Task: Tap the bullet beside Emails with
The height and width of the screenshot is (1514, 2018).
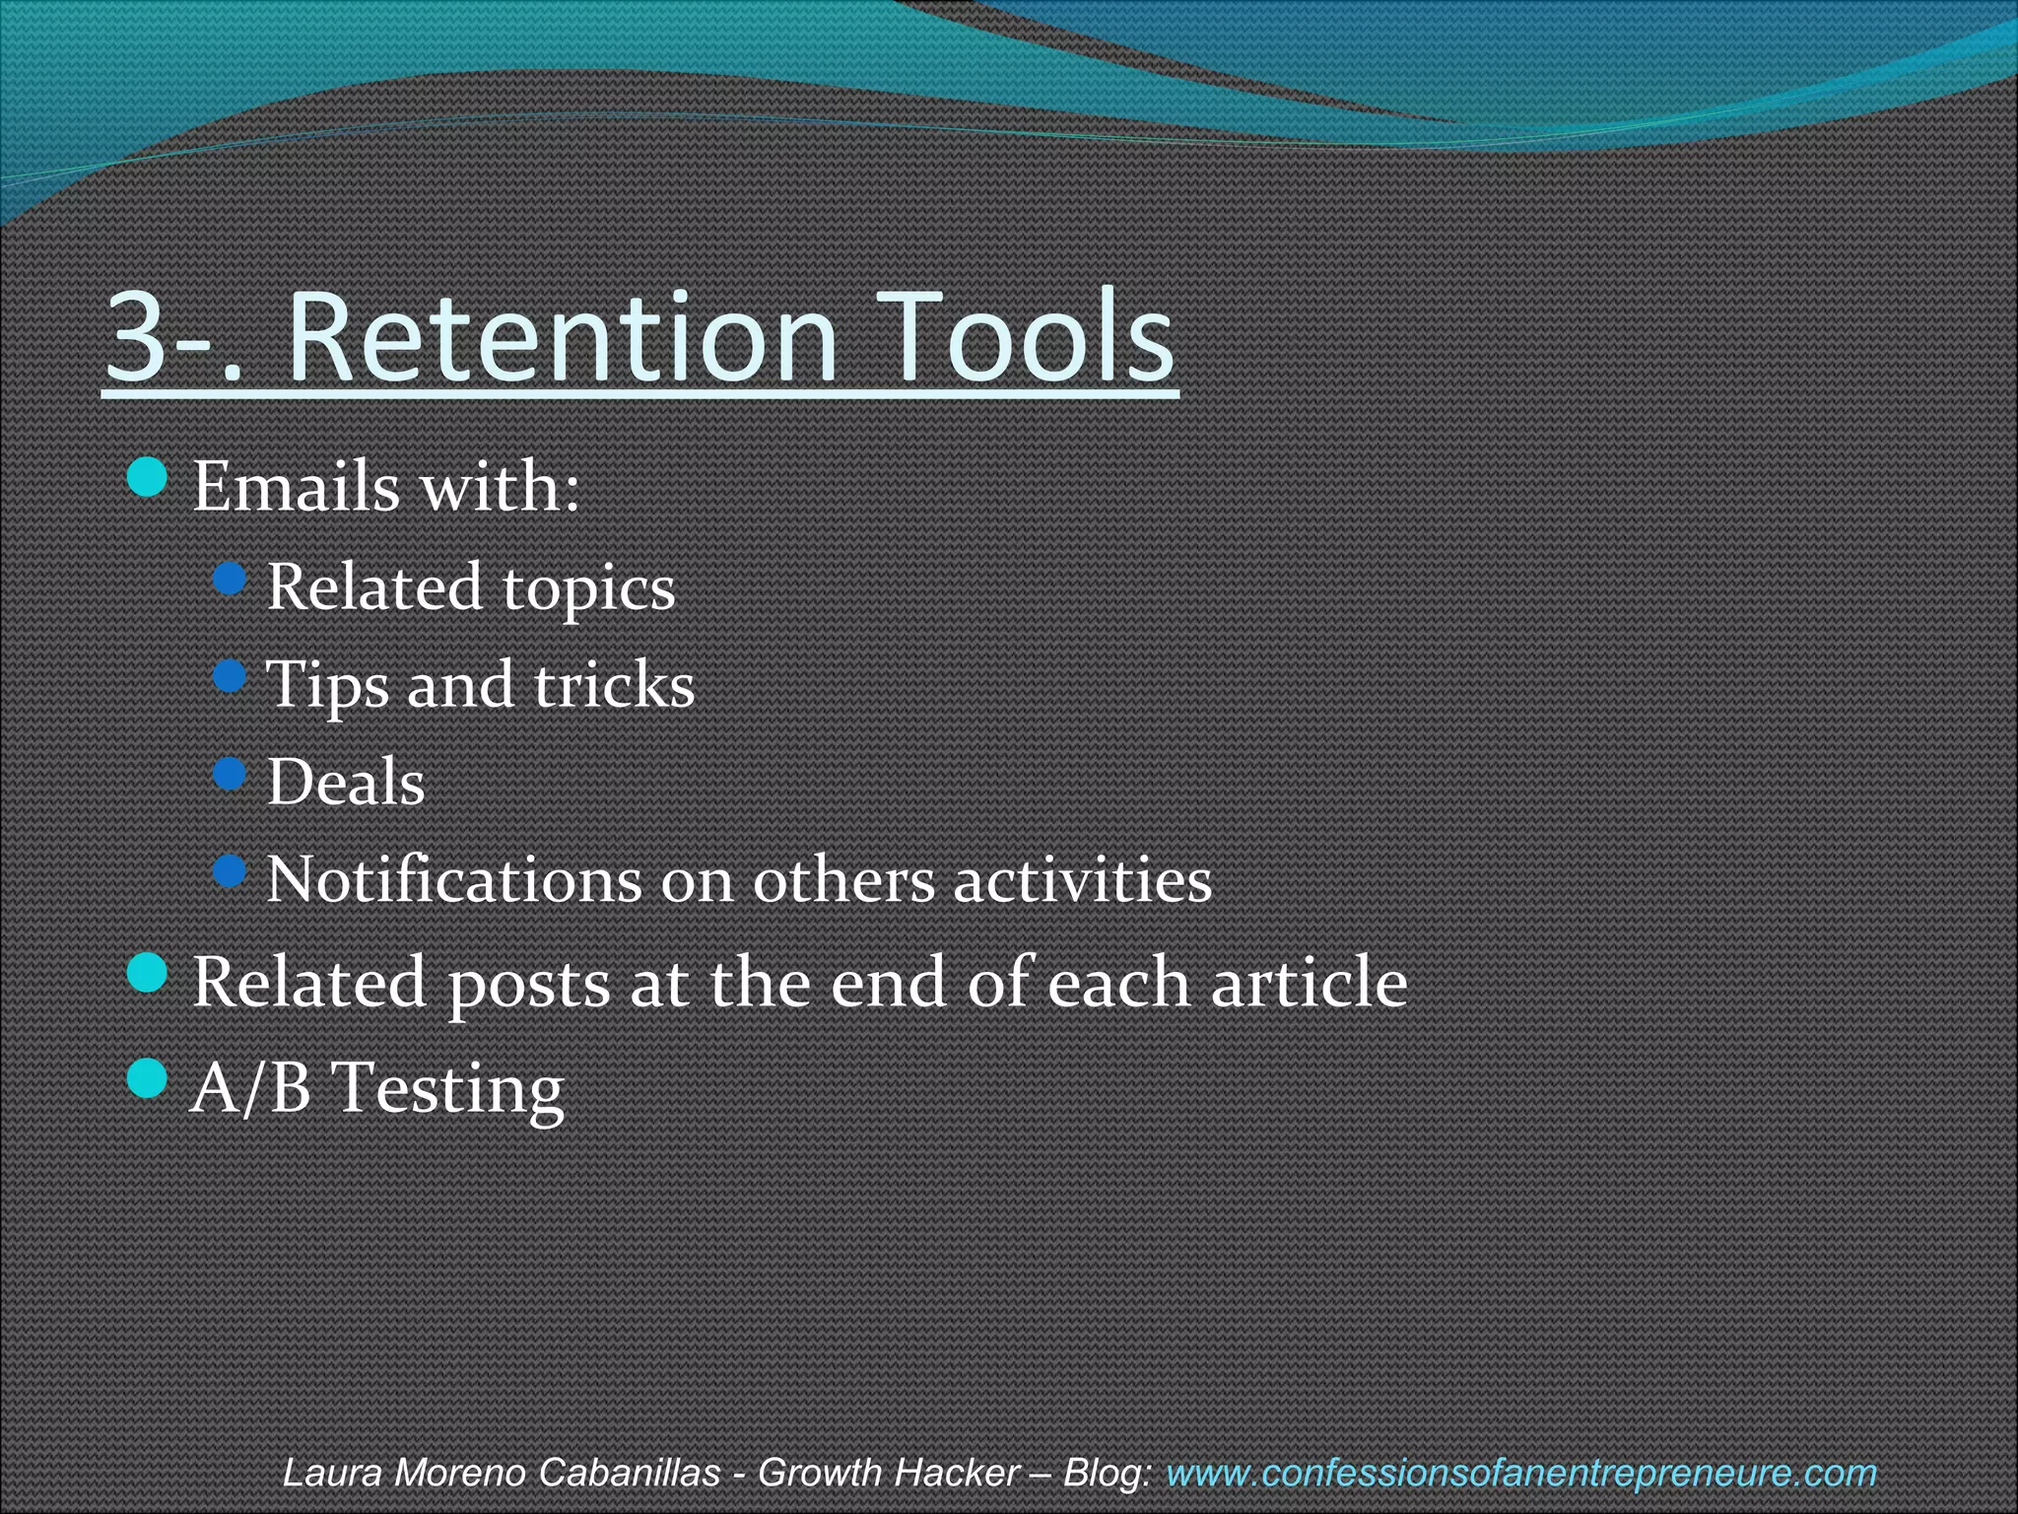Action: (149, 478)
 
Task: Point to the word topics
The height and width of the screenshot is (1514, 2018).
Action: (589, 589)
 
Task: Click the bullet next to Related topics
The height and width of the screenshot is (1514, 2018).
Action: (230, 579)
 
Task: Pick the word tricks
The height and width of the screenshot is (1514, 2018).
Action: (615, 684)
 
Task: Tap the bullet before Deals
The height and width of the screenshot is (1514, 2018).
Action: (230, 774)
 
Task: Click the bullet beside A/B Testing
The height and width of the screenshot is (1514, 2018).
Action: (149, 1078)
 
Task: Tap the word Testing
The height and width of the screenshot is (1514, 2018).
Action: (448, 1089)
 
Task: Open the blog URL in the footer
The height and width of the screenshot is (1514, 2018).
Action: (1521, 1473)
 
